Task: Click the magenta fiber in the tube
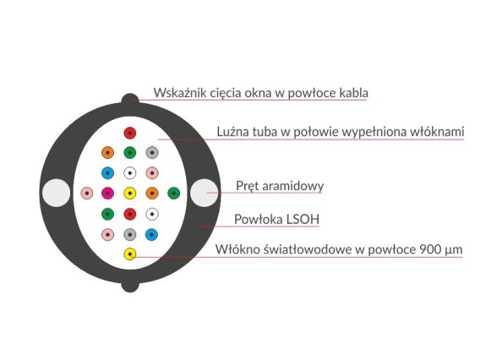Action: [x=107, y=194]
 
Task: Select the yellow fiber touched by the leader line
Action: [x=130, y=254]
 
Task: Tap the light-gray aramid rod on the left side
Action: [x=56, y=193]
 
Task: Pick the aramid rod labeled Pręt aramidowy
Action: [x=205, y=193]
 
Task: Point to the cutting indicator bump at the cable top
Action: [x=130, y=99]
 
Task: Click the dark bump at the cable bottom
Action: [x=130, y=286]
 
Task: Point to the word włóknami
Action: [x=437, y=132]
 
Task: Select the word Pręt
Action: [x=248, y=186]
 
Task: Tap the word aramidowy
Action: [x=293, y=186]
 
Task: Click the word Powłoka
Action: [x=259, y=219]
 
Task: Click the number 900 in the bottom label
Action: [x=430, y=249]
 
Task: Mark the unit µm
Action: [x=453, y=250]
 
